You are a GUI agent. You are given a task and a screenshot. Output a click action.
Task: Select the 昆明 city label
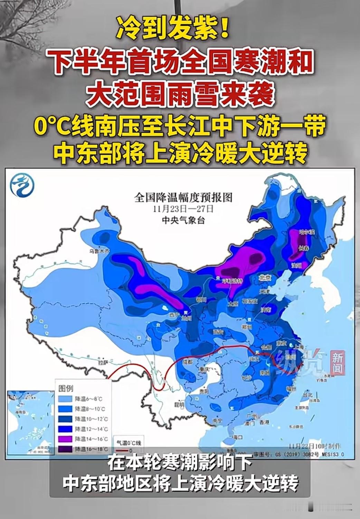coord(179,404)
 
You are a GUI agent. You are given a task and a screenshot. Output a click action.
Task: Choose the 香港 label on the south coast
coord(264,422)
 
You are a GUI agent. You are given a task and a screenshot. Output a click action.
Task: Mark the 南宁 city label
coord(217,421)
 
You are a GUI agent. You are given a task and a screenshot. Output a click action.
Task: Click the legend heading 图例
coord(66,388)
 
